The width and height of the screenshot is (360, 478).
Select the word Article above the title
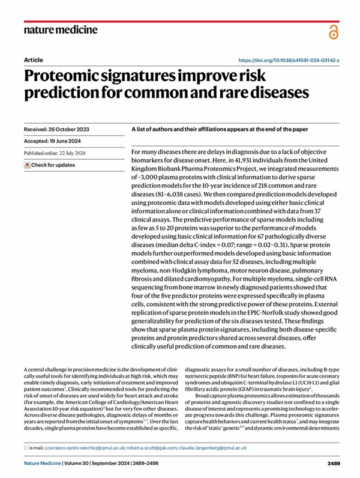pyautogui.click(x=33, y=61)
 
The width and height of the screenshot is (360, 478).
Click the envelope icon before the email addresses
pyautogui.click(x=28, y=448)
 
